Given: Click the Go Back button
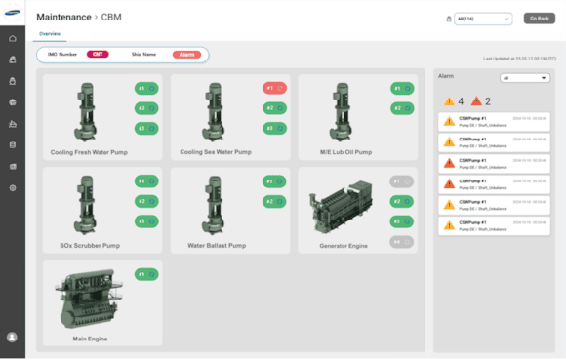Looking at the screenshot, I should tap(539, 19).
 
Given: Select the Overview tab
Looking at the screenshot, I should tap(50, 34).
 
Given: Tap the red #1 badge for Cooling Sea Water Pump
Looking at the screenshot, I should tap(274, 88).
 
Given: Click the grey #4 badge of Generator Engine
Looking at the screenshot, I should tap(401, 242).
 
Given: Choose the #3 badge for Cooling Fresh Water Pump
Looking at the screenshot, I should tap(146, 128).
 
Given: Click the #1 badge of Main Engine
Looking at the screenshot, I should tap(146, 274).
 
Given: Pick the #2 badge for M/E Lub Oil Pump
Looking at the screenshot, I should tap(401, 108).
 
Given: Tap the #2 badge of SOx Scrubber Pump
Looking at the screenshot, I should tap(146, 201).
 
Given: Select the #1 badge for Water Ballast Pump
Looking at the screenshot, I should tap(274, 181).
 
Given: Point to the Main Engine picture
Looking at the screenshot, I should tap(89, 300).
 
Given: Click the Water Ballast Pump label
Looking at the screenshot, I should tap(217, 246).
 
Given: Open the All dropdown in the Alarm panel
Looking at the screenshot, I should tap(524, 78).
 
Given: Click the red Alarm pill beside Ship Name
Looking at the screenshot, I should tap(186, 55).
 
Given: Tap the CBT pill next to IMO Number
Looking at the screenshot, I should tap(98, 55).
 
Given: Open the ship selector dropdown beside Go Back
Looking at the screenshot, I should tap(483, 19).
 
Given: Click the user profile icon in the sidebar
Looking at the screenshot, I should tap(12, 337).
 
